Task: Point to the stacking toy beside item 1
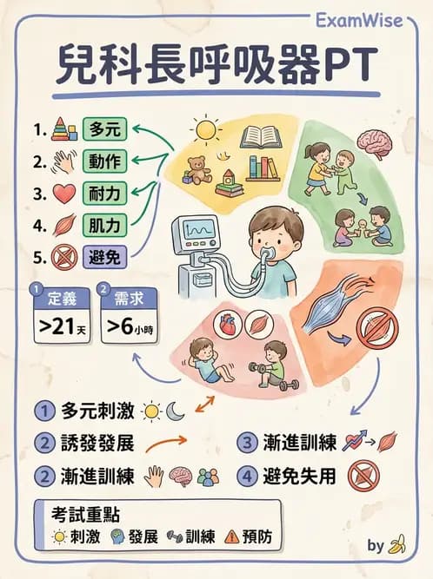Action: [63, 130]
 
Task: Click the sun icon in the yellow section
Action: [207, 131]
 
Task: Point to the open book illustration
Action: [263, 137]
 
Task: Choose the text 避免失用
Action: [297, 476]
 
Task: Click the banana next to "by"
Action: [398, 546]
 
